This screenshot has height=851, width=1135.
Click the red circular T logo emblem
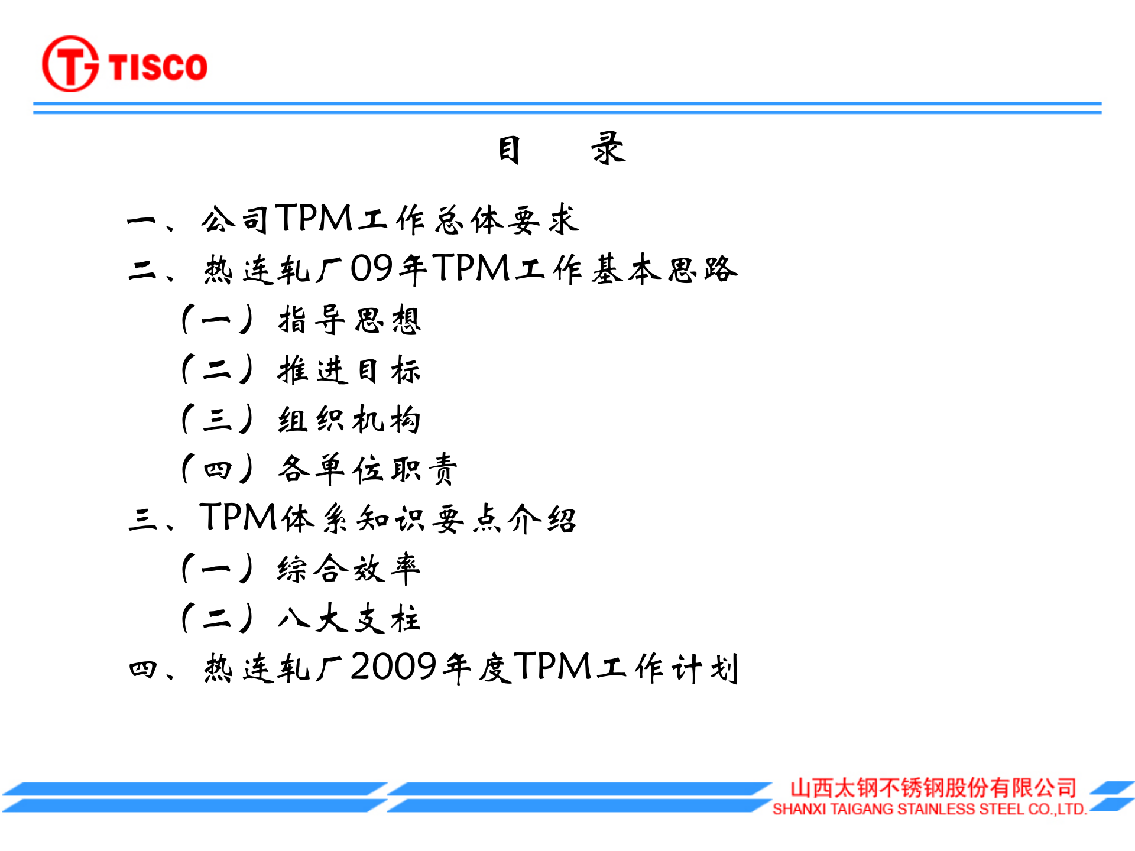pos(70,64)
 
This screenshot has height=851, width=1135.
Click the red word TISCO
pos(158,66)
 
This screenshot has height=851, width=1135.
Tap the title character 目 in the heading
pos(509,150)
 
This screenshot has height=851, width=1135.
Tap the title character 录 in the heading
pos(608,149)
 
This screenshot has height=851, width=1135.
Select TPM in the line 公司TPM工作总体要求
pos(314,219)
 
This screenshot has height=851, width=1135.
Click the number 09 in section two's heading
pos(372,269)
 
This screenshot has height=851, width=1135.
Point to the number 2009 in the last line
pos(394,667)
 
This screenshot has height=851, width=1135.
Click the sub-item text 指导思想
pos(349,320)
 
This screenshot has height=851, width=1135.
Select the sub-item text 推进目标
pos(349,370)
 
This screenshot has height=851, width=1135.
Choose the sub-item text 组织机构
pos(349,420)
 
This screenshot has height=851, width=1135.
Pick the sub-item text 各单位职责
pos(368,470)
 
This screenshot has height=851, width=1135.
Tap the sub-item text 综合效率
pos(349,569)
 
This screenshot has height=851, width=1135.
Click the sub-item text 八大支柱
pos(349,619)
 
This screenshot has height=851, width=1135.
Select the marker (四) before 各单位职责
pos(218,470)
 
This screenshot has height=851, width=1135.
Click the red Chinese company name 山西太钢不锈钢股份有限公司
pos(933,788)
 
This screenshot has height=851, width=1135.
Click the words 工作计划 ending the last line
pos(668,668)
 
